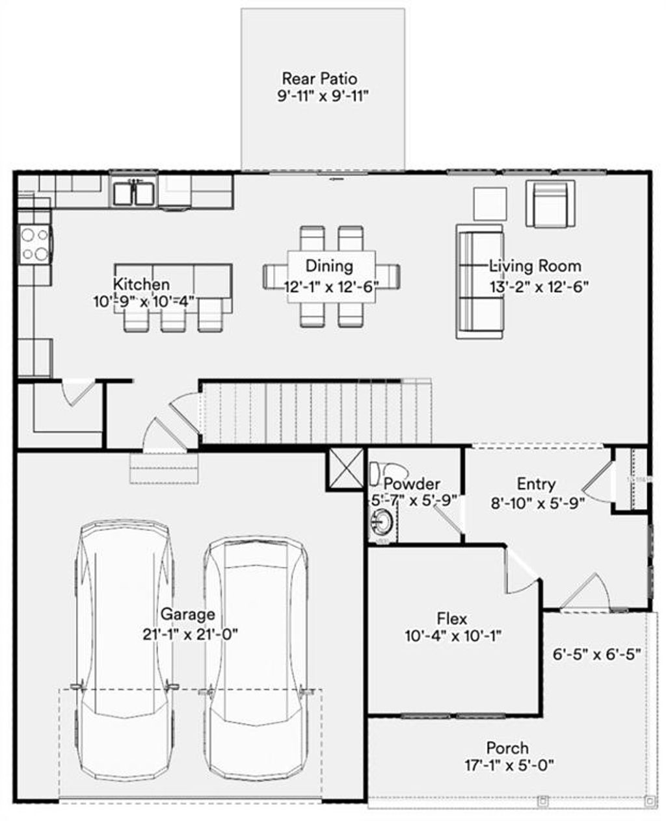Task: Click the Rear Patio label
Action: pos(319,79)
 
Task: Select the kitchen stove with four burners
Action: pos(35,244)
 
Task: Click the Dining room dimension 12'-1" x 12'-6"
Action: pos(331,286)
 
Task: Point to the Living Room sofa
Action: pos(480,281)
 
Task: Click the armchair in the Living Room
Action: pos(550,203)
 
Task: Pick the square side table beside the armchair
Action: pos(489,203)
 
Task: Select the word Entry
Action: pos(536,484)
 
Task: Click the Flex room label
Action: pos(451,619)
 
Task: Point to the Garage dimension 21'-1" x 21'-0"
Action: pos(190,634)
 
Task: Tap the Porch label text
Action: pos(507,748)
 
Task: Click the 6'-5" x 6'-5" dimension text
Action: pos(597,654)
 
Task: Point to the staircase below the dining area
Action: pos(315,412)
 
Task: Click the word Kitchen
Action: pos(142,284)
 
